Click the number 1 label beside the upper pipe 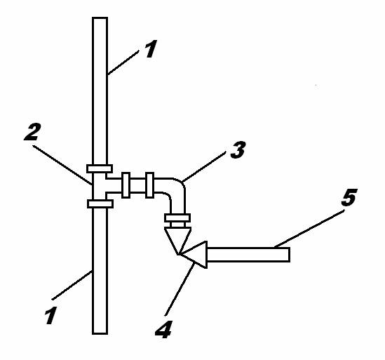point(151,49)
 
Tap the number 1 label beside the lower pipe point(50,315)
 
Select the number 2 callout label point(32,132)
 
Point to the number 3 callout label point(238,149)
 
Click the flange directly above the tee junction point(100,169)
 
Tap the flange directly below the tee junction point(100,204)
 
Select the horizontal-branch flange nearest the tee point(126,185)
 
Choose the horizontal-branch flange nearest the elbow point(149,185)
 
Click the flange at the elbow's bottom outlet point(177,218)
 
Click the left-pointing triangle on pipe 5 point(194,255)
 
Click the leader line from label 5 point(309,228)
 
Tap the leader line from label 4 point(180,289)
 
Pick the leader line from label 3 point(203,166)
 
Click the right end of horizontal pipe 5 point(290,255)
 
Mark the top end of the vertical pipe point(100,18)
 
